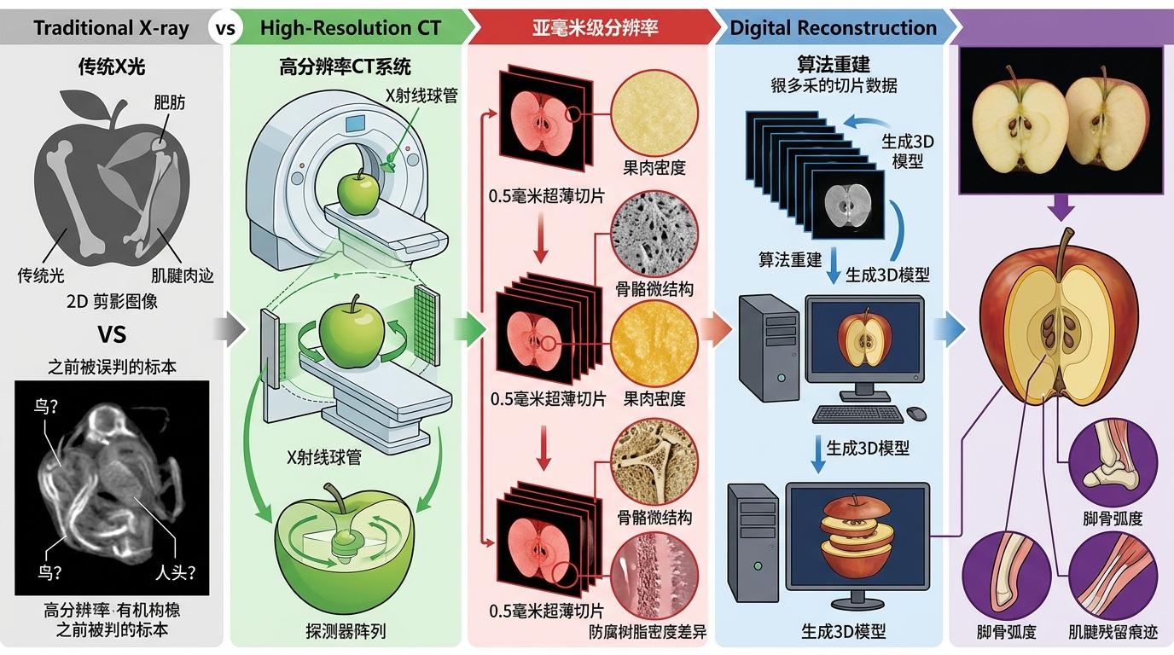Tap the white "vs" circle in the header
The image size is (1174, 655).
225,27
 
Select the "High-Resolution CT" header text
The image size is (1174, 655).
351,27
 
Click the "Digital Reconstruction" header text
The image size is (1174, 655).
833,27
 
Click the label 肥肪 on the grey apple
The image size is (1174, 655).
168,103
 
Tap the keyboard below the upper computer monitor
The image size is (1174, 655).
857,414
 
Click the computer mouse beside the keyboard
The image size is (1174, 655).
916,414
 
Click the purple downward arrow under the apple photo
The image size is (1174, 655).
1062,206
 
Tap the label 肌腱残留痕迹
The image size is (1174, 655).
1113,632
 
